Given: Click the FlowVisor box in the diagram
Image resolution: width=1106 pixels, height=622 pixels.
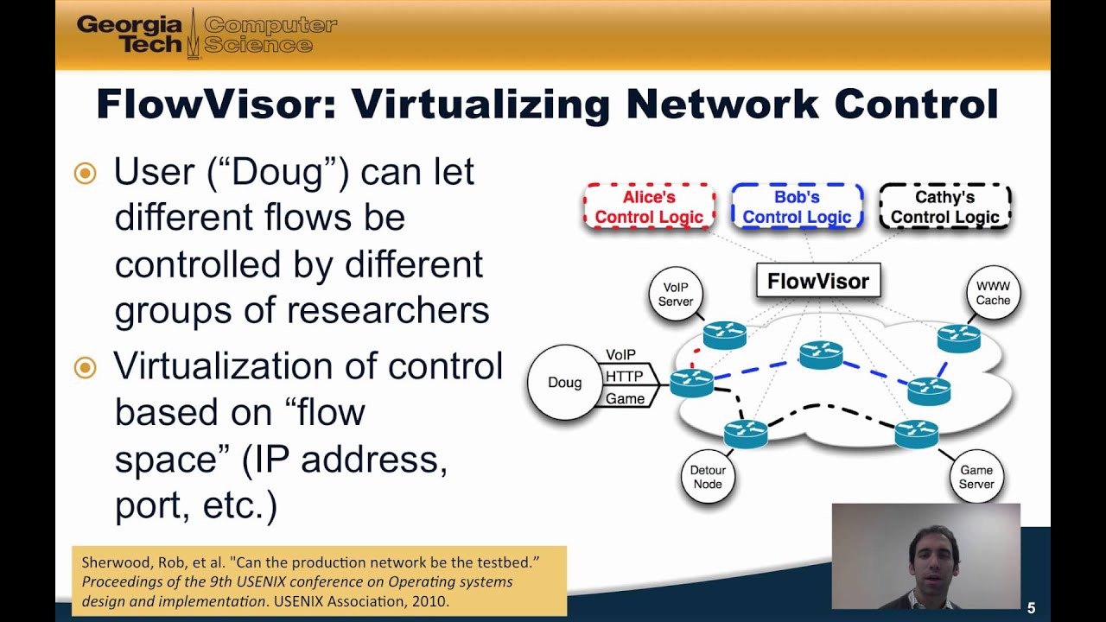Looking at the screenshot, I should pyautogui.click(x=817, y=281).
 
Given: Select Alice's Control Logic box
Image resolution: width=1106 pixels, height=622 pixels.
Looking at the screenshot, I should pyautogui.click(x=649, y=207).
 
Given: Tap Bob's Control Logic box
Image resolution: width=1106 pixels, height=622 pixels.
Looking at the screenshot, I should pyautogui.click(x=797, y=207).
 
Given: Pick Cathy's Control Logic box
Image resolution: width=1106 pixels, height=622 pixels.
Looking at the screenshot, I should pyautogui.click(x=944, y=207).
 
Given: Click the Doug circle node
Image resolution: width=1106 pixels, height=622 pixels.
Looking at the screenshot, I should pyautogui.click(x=564, y=383).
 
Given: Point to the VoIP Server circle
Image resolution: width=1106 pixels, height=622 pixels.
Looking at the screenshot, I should pyautogui.click(x=676, y=295).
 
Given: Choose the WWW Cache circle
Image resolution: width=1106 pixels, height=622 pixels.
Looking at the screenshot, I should pyautogui.click(x=993, y=294).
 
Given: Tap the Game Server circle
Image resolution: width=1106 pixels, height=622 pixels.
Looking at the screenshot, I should pyautogui.click(x=976, y=477).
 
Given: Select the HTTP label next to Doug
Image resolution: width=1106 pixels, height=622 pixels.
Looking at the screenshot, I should pyautogui.click(x=624, y=377).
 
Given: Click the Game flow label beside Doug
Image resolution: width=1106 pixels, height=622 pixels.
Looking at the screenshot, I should pyautogui.click(x=624, y=398).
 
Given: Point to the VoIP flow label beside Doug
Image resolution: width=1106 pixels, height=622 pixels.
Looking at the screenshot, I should pyautogui.click(x=621, y=355).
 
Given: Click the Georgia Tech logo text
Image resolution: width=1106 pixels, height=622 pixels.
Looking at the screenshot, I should pyautogui.click(x=130, y=35).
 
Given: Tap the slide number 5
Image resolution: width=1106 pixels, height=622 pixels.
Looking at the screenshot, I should pyautogui.click(x=1032, y=607).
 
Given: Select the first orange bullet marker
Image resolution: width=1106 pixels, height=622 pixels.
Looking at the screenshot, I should pyautogui.click(x=85, y=174).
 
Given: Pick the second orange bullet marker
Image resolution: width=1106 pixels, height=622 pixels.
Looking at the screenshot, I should pyautogui.click(x=85, y=368).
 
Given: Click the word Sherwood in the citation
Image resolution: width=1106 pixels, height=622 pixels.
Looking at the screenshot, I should pyautogui.click(x=114, y=562).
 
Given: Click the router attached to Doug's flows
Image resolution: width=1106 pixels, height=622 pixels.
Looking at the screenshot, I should pyautogui.click(x=691, y=382).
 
